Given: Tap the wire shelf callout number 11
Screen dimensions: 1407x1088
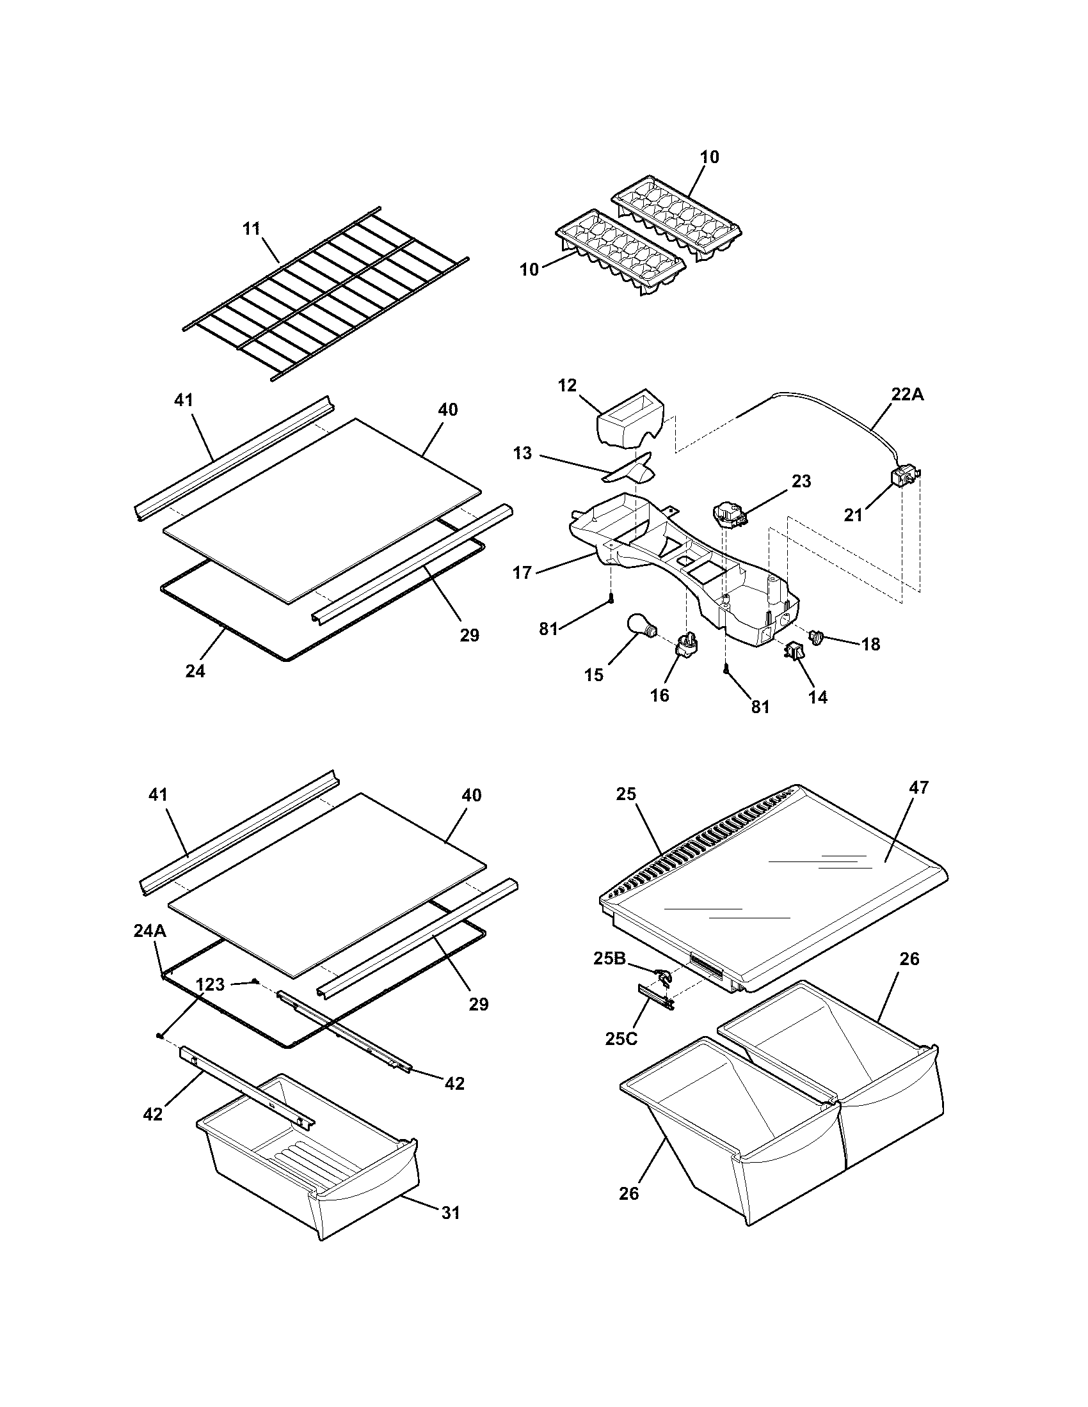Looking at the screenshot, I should tap(252, 228).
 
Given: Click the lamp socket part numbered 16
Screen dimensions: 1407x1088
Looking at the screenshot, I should tap(687, 644).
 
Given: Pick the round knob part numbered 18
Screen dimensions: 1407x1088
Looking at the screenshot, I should tap(818, 638).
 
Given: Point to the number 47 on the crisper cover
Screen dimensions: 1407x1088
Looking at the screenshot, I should tap(919, 788).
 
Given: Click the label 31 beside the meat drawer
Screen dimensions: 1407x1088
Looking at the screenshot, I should tap(451, 1212).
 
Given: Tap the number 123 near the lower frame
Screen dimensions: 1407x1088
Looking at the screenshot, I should tap(210, 984).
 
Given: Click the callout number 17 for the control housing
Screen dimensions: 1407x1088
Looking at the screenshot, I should tap(522, 572).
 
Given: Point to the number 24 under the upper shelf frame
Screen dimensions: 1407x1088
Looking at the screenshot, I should tap(195, 672).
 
